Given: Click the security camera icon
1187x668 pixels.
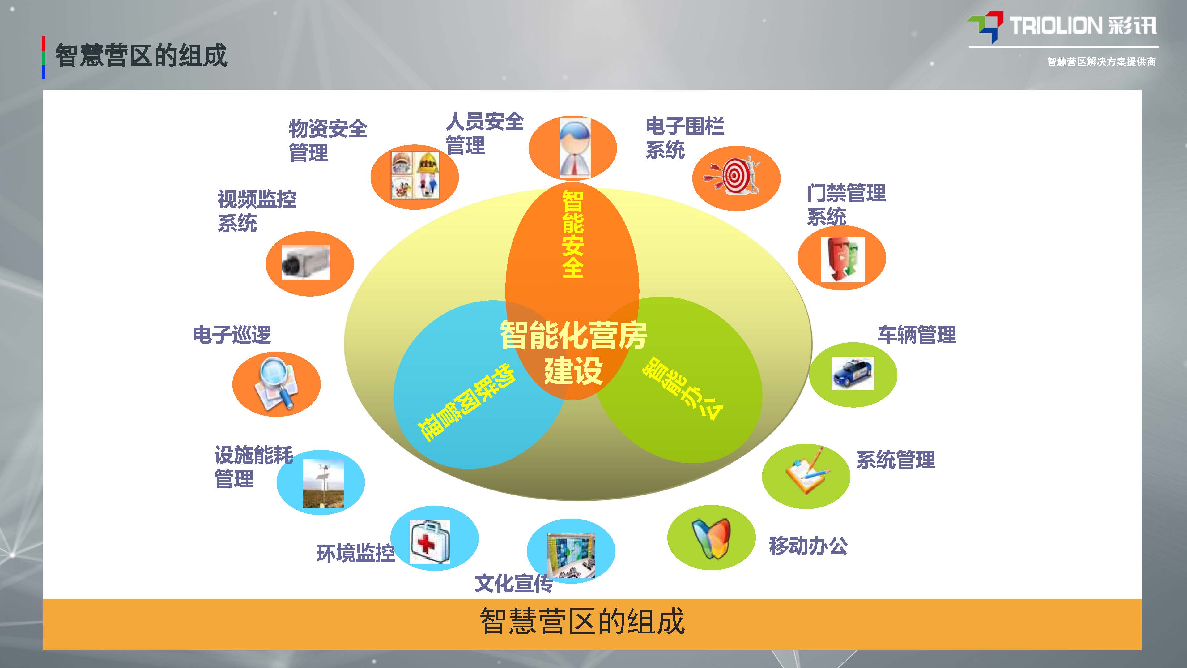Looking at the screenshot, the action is [305, 262].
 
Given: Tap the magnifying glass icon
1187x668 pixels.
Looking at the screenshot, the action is [275, 383].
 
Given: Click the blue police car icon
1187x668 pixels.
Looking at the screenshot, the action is [853, 373].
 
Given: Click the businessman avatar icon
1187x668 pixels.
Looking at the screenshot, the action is [575, 148].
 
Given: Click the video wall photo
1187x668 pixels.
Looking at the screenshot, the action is [570, 555].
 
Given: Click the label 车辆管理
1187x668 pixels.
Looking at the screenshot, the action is [917, 335].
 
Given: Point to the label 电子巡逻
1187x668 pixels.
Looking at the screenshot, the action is [232, 335].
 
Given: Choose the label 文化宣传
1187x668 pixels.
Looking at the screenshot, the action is [514, 583].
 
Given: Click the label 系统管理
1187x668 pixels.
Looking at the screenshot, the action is [896, 460].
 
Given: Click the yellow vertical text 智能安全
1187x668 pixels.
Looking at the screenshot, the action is [573, 234].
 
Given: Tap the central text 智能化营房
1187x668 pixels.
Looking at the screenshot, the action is [574, 335].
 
